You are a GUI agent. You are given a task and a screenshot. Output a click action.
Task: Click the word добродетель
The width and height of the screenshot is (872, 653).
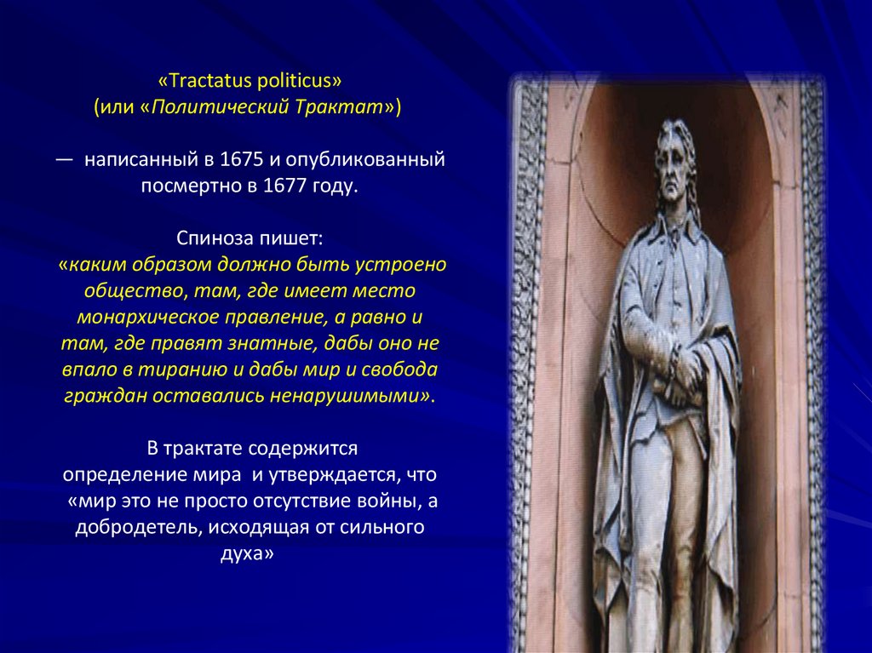(x=137, y=527)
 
